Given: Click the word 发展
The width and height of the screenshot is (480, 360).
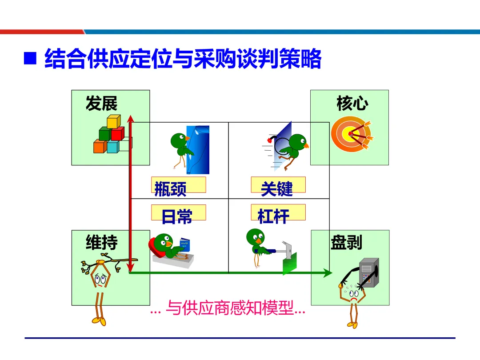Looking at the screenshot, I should pos(102,104).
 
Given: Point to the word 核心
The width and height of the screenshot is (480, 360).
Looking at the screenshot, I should pos(352,104).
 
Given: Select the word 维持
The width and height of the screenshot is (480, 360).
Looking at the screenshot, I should pos(102,243).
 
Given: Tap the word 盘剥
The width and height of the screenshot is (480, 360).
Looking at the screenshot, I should pos(347,243).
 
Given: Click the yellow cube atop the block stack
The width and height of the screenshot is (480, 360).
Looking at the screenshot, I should pos(113,121).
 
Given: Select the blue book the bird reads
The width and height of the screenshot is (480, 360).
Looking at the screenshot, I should pos(184,245).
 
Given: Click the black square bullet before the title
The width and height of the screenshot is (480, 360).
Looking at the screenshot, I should pos(30,59).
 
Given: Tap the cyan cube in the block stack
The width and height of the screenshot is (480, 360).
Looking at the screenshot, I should pos(113,147).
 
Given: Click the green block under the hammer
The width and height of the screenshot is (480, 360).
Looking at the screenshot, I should pos(289,264).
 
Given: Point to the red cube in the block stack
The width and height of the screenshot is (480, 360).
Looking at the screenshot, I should pos(118,133).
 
